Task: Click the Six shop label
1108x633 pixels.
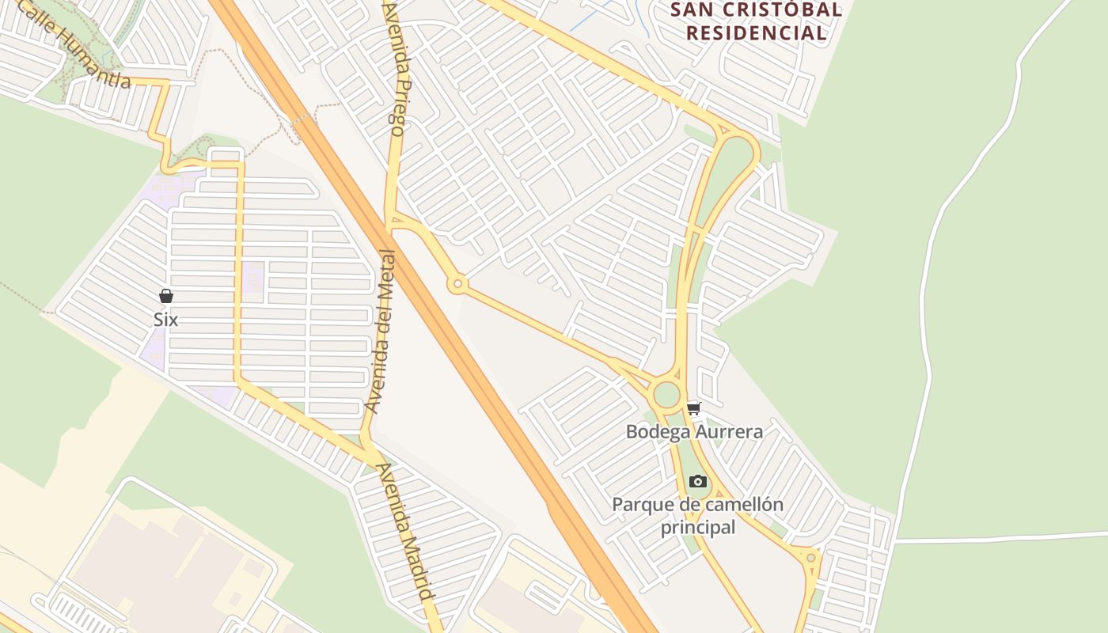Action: coord(165,320)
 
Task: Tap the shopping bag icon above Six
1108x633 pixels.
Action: coord(166,296)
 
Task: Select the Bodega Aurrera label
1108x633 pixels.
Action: coord(694,431)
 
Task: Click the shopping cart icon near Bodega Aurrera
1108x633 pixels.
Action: coord(694,409)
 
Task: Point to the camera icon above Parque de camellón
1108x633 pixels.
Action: coord(697,481)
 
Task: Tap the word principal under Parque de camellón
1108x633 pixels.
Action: coord(698,527)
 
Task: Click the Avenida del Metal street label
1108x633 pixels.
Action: coord(381,332)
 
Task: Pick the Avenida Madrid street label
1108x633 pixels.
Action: coord(406,531)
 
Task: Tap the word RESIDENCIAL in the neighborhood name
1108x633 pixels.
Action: coord(756,33)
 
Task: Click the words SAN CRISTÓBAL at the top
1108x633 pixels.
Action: coord(756,10)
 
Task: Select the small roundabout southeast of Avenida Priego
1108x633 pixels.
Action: coord(457,284)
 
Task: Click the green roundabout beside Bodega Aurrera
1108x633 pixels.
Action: coord(666,394)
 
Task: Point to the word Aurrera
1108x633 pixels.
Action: coord(730,431)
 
